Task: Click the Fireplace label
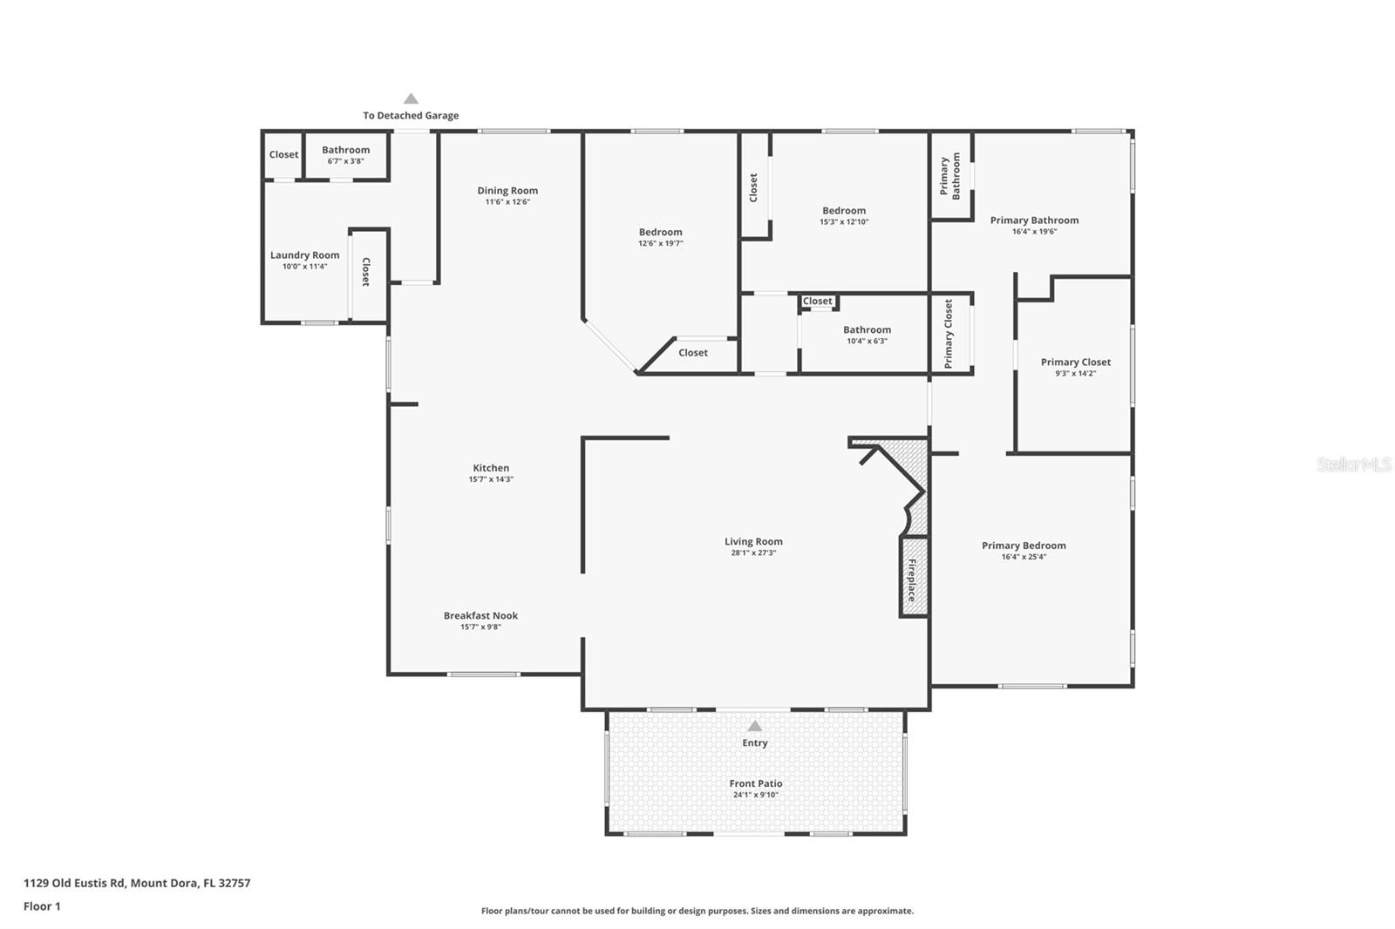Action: [913, 580]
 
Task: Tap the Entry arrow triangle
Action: [755, 726]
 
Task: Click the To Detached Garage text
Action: [411, 115]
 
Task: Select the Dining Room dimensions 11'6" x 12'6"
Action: [507, 202]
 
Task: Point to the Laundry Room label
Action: [304, 255]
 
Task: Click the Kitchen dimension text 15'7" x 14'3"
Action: [491, 479]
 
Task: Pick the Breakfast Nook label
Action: [480, 615]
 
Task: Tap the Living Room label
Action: [753, 541]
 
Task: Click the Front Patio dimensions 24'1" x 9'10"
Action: [755, 795]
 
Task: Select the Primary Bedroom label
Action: [1024, 546]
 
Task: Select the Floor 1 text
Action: [42, 906]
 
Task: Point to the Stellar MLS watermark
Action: [1353, 465]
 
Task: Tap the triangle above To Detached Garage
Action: [411, 99]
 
